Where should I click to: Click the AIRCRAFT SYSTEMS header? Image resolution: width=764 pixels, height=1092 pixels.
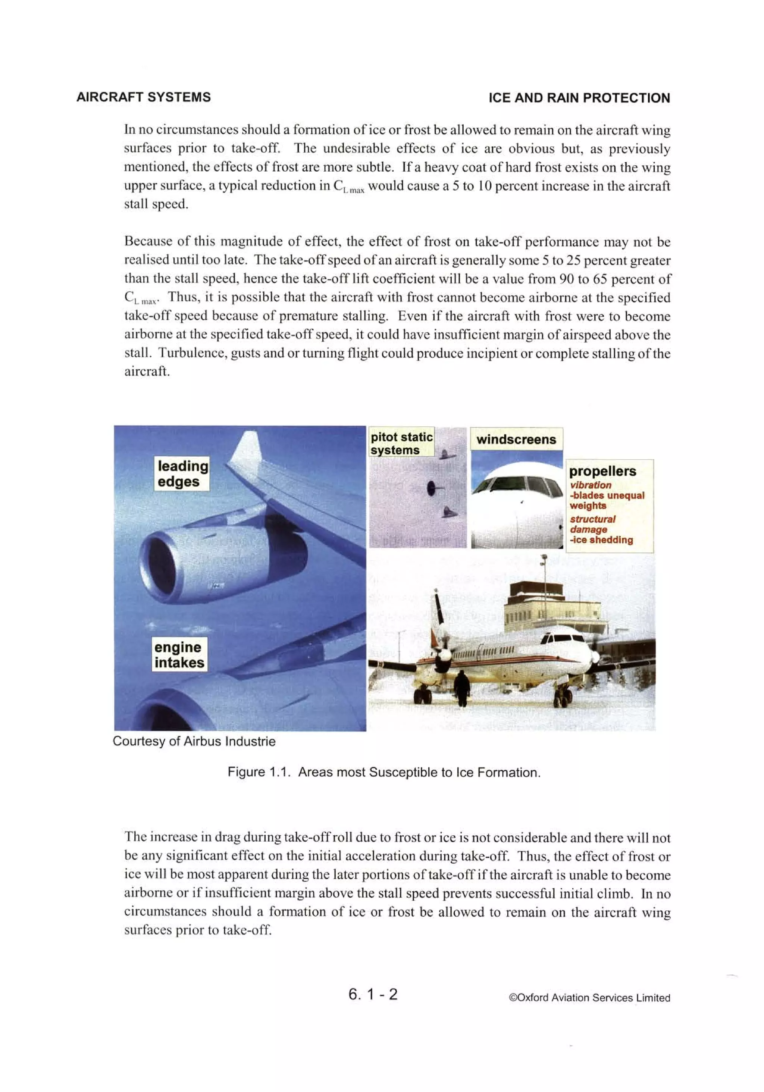pos(143,97)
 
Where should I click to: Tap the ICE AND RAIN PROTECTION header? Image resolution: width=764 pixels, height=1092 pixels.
pos(579,98)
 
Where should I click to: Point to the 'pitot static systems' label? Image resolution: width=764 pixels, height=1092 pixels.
pos(401,443)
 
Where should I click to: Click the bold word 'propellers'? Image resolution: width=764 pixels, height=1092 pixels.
pos(602,471)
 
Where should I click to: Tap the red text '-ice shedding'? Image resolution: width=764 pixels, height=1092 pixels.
pos(601,540)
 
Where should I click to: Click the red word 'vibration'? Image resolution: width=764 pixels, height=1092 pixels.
pos(591,485)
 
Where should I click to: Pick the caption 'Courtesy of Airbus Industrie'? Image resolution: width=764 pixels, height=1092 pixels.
pos(194,741)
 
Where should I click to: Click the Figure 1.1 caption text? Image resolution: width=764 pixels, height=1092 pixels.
pos(384,772)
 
